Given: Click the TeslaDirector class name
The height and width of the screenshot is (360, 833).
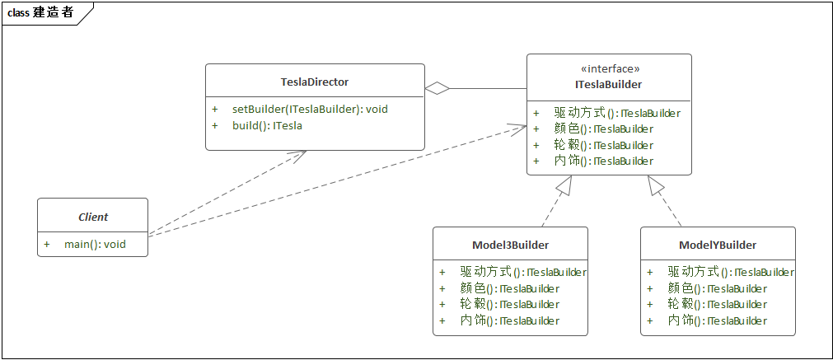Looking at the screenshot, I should pyautogui.click(x=315, y=82).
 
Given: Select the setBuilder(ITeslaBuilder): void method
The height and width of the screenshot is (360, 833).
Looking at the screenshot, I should pyautogui.click(x=310, y=109).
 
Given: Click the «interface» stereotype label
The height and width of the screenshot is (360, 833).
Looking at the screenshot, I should pyautogui.click(x=609, y=69).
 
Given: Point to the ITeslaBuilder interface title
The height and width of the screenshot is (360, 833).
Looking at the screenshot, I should pyautogui.click(x=609, y=84).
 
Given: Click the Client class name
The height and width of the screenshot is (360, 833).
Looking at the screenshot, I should pyautogui.click(x=93, y=217).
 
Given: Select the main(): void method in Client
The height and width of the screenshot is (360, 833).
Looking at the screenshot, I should pyautogui.click(x=95, y=245).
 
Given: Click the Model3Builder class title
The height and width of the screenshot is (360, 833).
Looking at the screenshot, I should pyautogui.click(x=510, y=245).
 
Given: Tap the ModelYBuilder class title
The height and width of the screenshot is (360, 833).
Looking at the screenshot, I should pyautogui.click(x=718, y=245).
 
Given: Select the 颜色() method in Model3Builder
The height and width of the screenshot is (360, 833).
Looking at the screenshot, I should pyautogui.click(x=510, y=288).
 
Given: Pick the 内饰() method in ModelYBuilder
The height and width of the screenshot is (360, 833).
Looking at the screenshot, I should pyautogui.click(x=718, y=320).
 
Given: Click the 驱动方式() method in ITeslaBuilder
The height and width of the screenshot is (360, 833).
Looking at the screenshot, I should pyautogui.click(x=617, y=113).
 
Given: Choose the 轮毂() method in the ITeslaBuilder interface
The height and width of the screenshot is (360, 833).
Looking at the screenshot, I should pyautogui.click(x=604, y=145).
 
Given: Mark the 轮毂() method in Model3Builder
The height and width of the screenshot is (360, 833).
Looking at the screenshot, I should pyautogui.click(x=510, y=304).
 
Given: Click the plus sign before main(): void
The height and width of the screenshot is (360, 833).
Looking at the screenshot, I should pyautogui.click(x=47, y=245).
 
